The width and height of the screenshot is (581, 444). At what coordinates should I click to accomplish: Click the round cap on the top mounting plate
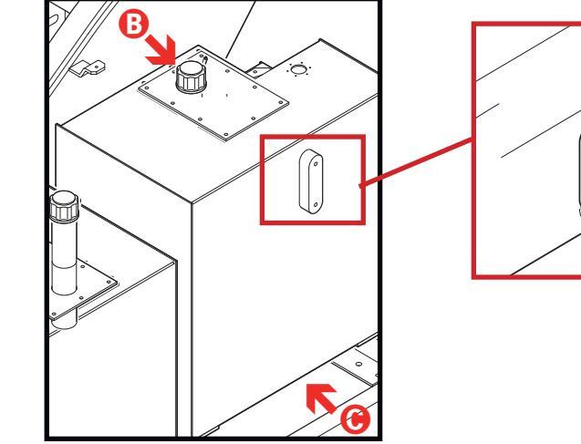[x=192, y=79]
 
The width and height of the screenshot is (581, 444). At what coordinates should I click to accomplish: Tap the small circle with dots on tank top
[x=297, y=69]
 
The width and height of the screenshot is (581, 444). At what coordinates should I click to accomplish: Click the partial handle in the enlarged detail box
[x=576, y=173]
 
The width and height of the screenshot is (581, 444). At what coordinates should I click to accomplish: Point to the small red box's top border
[x=313, y=137]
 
